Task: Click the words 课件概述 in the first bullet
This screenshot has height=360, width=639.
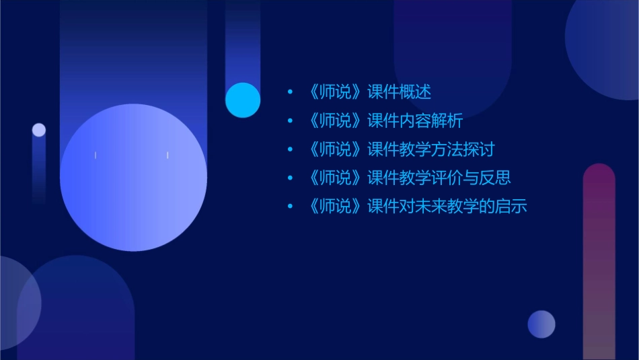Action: coord(399,92)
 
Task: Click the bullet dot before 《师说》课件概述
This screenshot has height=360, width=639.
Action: coord(290,92)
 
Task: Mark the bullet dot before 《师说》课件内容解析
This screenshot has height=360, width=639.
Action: coord(290,121)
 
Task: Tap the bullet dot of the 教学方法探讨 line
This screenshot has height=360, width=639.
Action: coord(290,149)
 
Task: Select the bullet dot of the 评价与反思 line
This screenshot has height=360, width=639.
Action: coord(290,178)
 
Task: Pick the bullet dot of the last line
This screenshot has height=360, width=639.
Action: coord(290,206)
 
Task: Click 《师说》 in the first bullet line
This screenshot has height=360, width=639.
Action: coord(334,92)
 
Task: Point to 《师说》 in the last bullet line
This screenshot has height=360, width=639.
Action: coord(334,206)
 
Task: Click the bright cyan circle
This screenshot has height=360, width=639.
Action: coord(243,100)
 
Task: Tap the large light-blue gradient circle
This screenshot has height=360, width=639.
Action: coord(133,178)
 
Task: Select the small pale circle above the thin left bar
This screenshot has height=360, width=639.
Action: coord(39,130)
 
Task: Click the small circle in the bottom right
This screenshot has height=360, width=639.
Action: coord(541,324)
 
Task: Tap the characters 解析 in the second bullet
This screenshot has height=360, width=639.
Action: coord(447,121)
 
